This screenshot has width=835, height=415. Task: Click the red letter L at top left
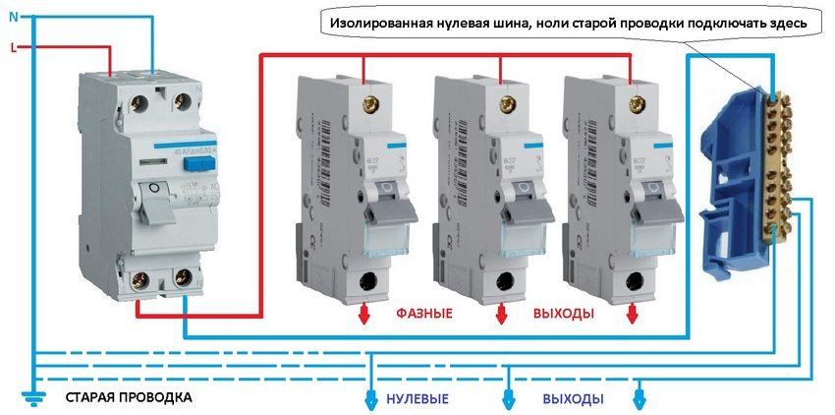tap(12, 46)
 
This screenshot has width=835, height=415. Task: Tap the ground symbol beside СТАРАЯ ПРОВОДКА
tap(31, 395)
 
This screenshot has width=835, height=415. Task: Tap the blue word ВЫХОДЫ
tap(573, 400)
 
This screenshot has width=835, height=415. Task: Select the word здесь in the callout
tap(786, 22)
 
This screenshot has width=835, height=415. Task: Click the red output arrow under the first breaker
tap(363, 314)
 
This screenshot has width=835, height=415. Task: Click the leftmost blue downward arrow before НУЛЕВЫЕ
tap(371, 398)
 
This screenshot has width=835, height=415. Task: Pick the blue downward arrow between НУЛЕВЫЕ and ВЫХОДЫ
tap(508, 398)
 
